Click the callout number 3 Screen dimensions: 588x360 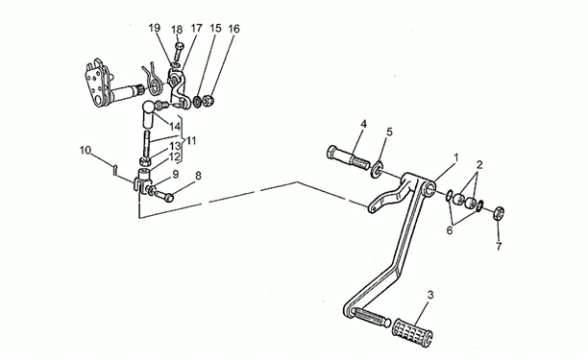point(430,295)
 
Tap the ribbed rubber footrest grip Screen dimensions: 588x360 point(412,332)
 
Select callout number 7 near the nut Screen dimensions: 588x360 point(499,247)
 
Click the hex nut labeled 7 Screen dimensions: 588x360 point(499,213)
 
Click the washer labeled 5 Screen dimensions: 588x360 point(376,169)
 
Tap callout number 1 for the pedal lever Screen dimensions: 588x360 point(456,157)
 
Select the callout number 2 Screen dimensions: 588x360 point(479,164)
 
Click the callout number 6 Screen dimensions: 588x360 point(450,230)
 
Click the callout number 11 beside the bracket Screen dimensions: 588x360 point(191,141)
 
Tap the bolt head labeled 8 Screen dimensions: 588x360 point(168,197)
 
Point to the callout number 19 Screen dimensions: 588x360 point(154,28)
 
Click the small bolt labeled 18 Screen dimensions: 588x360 point(178,53)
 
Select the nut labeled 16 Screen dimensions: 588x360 point(208,101)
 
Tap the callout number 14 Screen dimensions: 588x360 point(175,127)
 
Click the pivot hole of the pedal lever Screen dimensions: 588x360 point(429,188)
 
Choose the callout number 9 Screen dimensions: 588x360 point(176,174)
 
